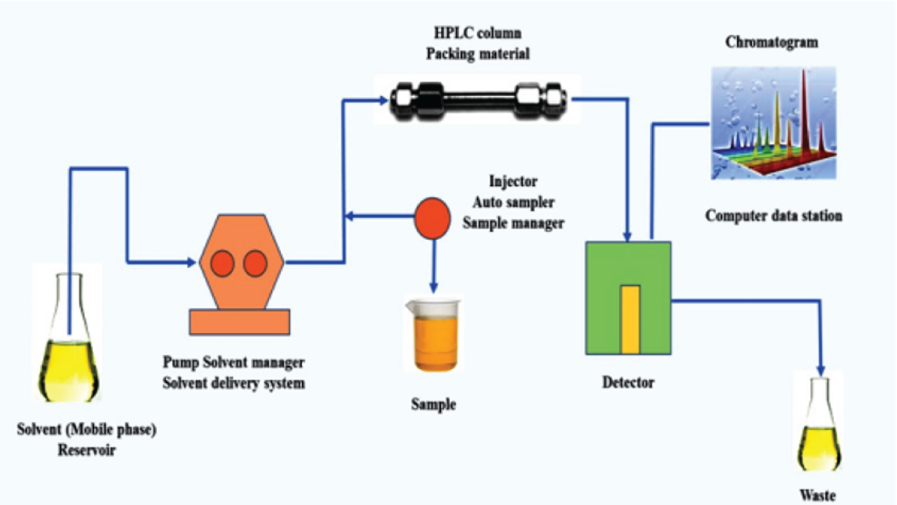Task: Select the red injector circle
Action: coord(433,218)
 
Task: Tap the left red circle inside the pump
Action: coord(223,263)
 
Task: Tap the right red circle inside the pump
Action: coord(255,263)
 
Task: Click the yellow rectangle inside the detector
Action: coord(630,319)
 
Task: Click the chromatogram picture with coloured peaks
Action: coord(773,123)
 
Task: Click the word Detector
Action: coord(629,383)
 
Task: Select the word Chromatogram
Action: coord(772,42)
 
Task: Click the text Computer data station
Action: coord(774,215)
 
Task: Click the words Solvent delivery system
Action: coord(233,383)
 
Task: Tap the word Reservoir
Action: coord(86,450)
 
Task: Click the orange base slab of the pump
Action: coord(240,321)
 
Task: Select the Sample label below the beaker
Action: coord(433,405)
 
